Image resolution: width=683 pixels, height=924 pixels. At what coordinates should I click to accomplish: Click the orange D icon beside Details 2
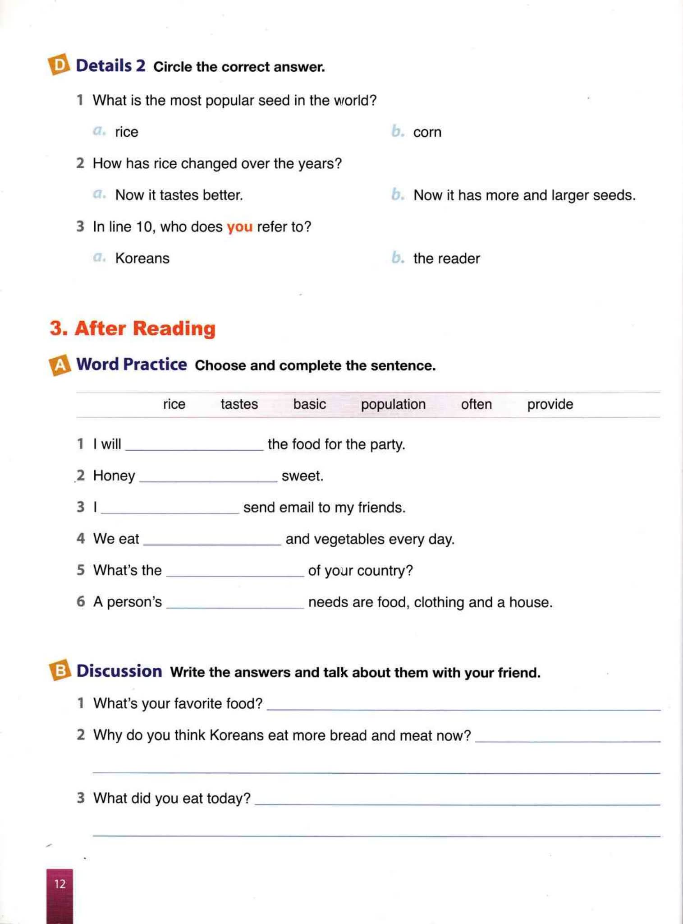point(59,65)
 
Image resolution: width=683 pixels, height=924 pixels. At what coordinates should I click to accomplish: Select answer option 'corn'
point(427,132)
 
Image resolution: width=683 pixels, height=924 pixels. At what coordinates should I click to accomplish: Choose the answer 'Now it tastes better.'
point(179,195)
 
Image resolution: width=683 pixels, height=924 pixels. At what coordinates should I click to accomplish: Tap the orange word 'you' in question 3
point(239,226)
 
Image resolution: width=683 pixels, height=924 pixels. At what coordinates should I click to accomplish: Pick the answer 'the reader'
point(446,259)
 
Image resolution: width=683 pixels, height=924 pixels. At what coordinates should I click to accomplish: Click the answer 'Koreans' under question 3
point(142,259)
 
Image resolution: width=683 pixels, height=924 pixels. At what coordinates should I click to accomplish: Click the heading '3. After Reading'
point(133,328)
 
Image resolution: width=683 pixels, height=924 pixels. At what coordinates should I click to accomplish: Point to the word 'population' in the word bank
point(393,404)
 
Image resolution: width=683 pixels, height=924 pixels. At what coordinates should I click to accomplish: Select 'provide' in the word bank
point(550,404)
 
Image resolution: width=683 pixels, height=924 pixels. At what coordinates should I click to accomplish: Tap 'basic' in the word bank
point(309,404)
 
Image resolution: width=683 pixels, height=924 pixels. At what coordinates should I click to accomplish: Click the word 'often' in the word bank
point(476,404)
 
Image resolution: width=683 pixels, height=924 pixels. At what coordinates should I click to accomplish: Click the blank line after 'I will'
point(194,446)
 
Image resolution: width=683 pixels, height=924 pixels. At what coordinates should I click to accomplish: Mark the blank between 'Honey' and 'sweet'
point(208,477)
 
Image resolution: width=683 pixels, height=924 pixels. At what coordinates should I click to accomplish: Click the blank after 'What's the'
point(235,572)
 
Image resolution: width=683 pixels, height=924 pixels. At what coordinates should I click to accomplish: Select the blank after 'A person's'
point(235,604)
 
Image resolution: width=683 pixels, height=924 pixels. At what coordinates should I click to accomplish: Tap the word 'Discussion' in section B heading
point(119,671)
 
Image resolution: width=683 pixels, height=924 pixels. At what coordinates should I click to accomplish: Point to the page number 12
point(60,883)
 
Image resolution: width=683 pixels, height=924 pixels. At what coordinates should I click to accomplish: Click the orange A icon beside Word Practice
point(60,365)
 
